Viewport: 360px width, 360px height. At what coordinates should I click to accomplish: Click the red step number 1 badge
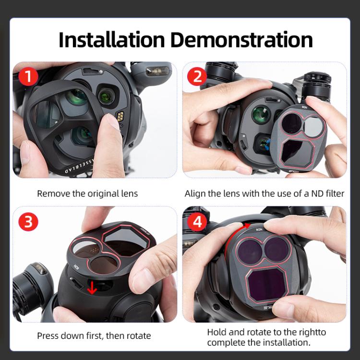28,76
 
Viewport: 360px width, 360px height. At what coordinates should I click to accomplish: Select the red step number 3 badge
28,221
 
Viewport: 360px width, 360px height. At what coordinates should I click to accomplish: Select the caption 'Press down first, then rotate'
94,336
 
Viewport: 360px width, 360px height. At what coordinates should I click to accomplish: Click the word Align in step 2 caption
195,194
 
